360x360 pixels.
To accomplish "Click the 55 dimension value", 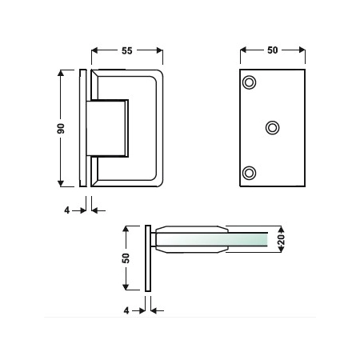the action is [x=127, y=50].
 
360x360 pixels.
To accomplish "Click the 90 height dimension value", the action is [x=61, y=129].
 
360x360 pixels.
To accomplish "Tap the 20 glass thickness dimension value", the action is [x=282, y=239].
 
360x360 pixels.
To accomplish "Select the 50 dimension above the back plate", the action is [x=273, y=50].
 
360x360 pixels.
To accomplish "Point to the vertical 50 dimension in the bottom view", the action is [x=126, y=258].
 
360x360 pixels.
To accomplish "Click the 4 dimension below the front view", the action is [x=66, y=210].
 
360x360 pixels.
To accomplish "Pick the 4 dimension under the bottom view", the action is [x=126, y=310].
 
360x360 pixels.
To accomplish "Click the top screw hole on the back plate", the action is [x=249, y=82].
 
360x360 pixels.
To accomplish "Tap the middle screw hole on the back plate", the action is [x=273, y=128].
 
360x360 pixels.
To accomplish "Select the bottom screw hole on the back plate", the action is [x=250, y=173].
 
